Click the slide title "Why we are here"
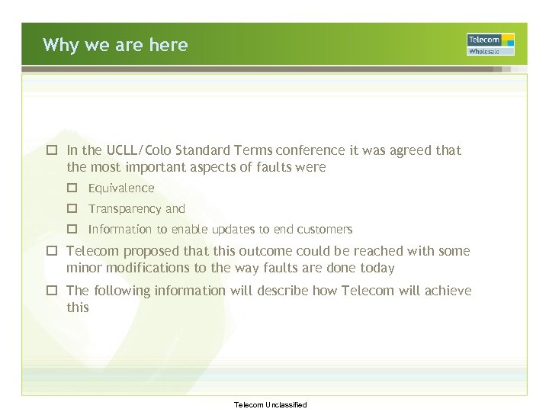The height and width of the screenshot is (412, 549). click(x=115, y=45)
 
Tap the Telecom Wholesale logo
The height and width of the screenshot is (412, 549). click(x=490, y=44)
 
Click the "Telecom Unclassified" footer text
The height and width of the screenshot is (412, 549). click(x=271, y=404)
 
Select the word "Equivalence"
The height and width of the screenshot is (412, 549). click(x=121, y=188)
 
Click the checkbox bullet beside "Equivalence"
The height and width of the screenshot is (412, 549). click(x=72, y=188)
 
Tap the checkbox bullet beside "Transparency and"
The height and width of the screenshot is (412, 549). click(x=72, y=208)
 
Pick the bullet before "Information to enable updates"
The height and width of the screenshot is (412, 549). click(x=72, y=229)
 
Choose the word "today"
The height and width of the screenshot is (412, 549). click(x=377, y=268)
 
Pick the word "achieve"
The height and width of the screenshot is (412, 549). click(x=448, y=291)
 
